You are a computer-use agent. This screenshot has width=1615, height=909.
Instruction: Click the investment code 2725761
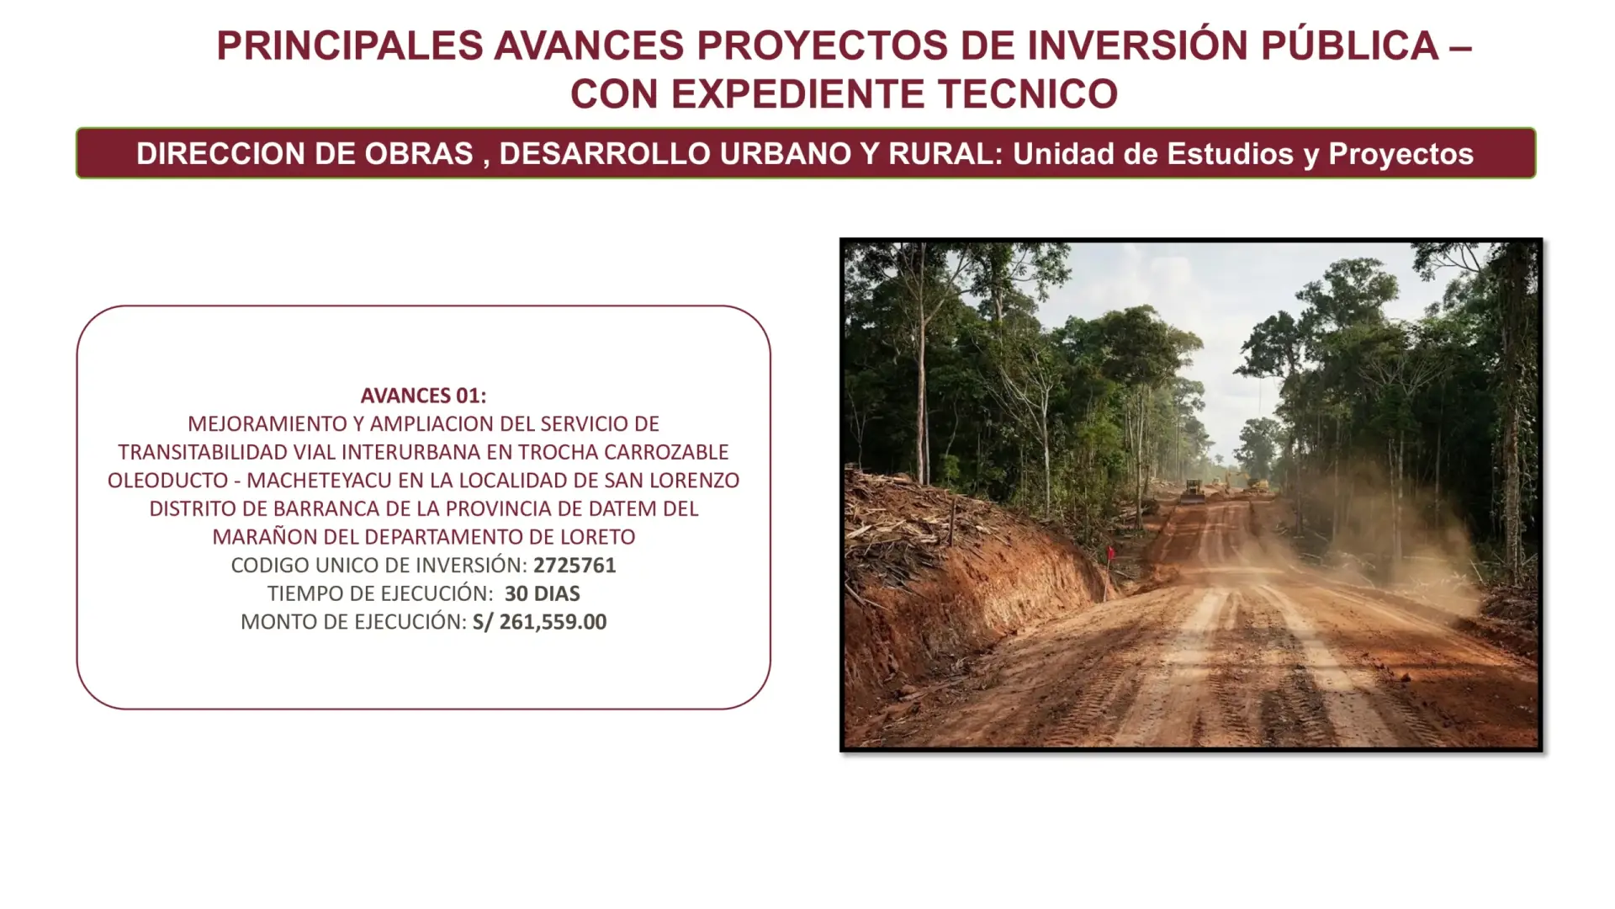click(575, 565)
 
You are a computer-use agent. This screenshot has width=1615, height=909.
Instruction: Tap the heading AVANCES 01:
click(423, 396)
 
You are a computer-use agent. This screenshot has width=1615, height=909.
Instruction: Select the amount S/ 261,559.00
click(539, 622)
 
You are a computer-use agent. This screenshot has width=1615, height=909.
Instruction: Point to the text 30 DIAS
click(543, 593)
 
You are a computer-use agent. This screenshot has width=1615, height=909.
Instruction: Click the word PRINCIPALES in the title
click(350, 45)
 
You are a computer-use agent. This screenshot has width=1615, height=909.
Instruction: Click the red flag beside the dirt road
click(1111, 554)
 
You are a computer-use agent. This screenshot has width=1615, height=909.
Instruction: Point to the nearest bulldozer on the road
click(1193, 490)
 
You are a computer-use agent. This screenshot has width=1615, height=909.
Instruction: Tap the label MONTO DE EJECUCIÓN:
click(353, 622)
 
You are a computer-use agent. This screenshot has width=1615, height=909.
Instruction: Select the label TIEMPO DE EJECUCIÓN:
click(380, 593)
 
